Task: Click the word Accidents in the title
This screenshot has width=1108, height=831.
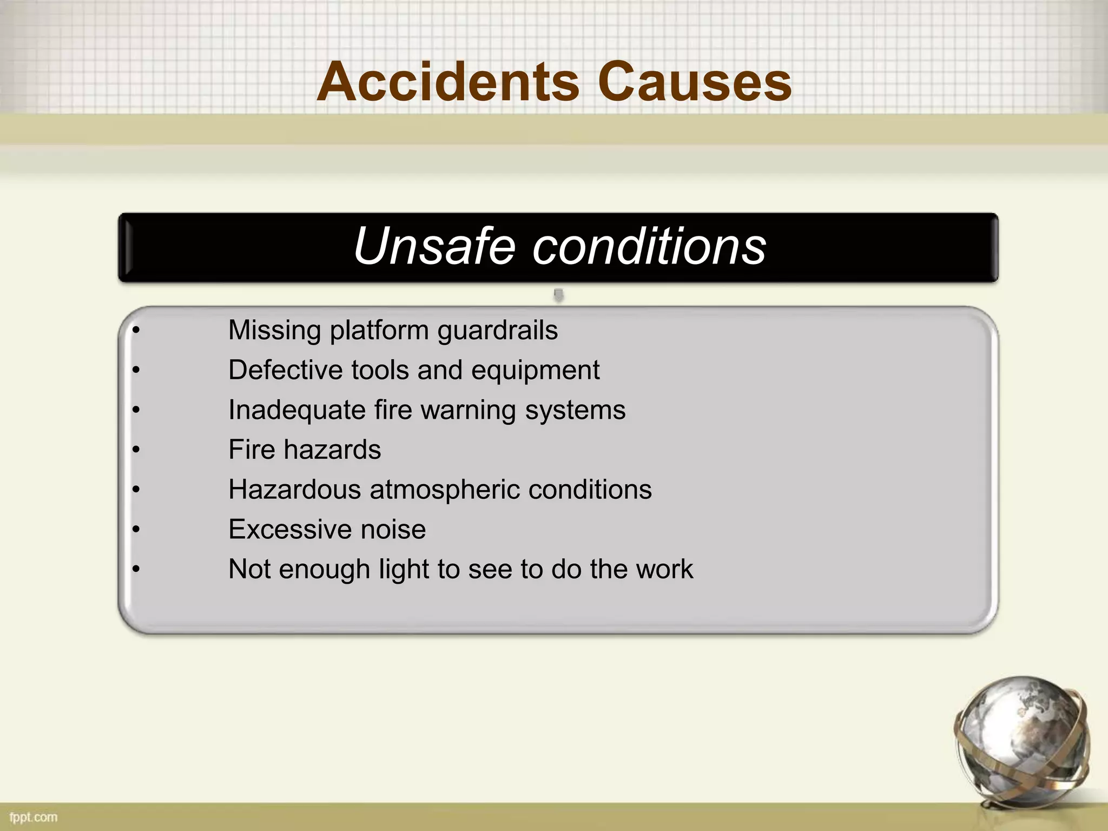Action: tap(448, 82)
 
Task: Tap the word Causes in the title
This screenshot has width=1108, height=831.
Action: tap(695, 82)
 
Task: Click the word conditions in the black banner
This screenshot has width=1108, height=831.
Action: tap(649, 246)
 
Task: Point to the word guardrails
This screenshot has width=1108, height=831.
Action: tap(498, 331)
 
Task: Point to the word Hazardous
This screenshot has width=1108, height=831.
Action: tap(294, 490)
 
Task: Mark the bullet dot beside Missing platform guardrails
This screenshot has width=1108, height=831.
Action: tap(136, 331)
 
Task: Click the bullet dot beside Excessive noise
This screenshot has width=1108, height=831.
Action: tap(136, 529)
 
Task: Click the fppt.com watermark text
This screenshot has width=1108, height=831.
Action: tap(33, 816)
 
